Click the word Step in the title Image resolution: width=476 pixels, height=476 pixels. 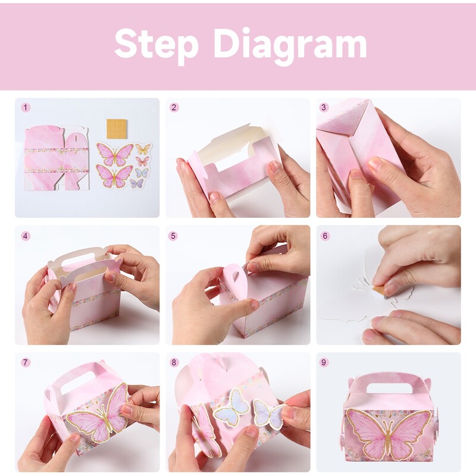coord(156,44)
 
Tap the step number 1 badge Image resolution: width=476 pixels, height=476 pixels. coord(26,108)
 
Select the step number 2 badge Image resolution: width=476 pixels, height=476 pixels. coord(174,108)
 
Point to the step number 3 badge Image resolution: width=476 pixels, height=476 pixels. coord(324,108)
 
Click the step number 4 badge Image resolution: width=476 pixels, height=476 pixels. coord(26,236)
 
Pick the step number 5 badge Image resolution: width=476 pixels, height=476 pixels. coord(173,236)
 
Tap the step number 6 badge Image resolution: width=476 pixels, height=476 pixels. coord(325,236)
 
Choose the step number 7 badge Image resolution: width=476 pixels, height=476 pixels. coord(26,362)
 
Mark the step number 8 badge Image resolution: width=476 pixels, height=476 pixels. coord(174,362)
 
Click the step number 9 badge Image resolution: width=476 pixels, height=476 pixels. coord(324,362)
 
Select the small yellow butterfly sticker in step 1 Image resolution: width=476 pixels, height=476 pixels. coord(143,149)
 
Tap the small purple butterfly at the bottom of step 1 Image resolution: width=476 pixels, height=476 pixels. coord(137,183)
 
